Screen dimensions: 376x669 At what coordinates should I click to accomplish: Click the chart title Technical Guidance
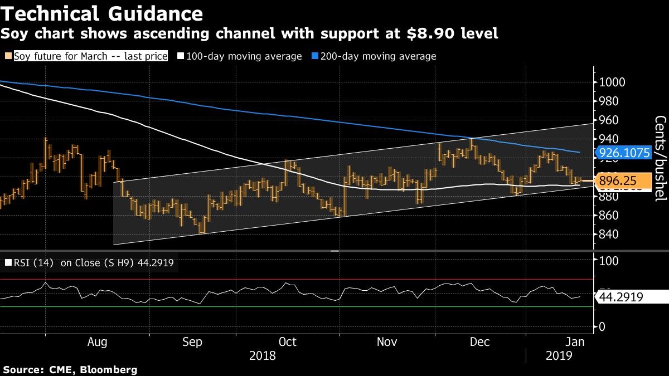pos(101,13)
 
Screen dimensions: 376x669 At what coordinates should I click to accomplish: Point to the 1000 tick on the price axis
pos(612,82)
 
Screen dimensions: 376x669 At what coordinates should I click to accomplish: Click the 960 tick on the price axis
pos(609,120)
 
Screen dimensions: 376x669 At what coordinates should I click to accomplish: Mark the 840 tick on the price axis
pos(609,234)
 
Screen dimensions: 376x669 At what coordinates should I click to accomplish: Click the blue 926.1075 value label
pos(623,153)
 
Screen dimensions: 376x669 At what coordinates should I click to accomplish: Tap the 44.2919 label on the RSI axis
pos(621,297)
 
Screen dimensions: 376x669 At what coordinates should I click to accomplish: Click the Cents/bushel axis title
pos(660,158)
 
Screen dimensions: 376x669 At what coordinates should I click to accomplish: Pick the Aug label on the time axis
pos(98,341)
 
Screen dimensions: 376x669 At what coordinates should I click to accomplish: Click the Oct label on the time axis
pos(288,341)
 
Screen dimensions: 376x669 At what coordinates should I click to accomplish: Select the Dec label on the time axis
pos(479,341)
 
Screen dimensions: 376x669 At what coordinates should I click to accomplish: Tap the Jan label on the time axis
pos(575,341)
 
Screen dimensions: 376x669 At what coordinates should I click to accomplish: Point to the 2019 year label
pos(560,356)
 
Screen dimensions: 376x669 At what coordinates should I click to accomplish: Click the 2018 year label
pos(262,356)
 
